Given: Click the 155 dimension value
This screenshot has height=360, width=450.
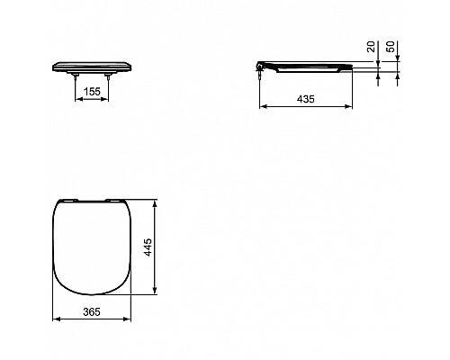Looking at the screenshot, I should tap(91, 90).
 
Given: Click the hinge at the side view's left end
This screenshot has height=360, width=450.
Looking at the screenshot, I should tap(262, 66).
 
